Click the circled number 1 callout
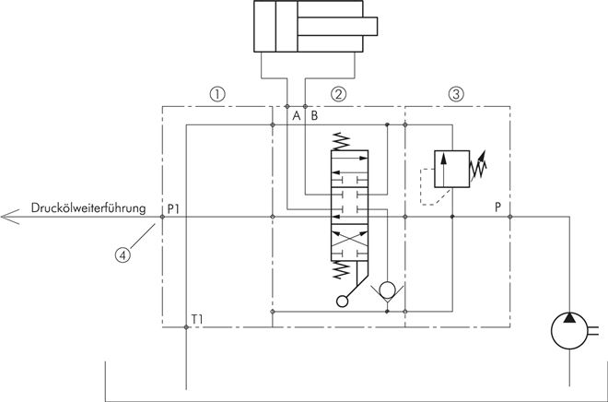tap(217, 94)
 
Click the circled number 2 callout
tap(338, 94)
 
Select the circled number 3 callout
tap(456, 94)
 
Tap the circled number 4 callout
tap(123, 255)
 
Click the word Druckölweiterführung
tap(88, 208)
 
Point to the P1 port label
tap(173, 208)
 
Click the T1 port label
tap(197, 319)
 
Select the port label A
tap(297, 115)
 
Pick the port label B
tap(314, 115)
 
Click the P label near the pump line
tap(497, 207)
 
